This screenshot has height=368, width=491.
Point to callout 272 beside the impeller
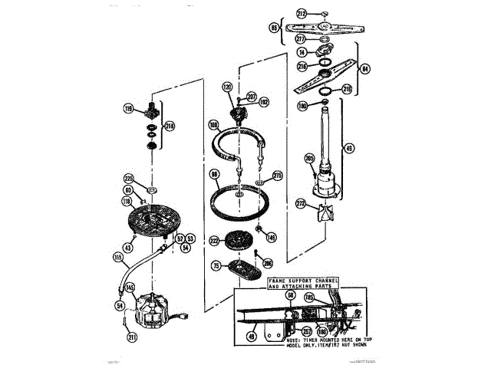click(300, 205)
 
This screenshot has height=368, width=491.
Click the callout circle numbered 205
click(309, 159)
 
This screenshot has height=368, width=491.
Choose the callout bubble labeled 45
click(350, 148)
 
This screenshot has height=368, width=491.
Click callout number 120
click(227, 88)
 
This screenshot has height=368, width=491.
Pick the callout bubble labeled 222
click(214, 241)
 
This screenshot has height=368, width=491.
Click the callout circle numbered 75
click(216, 266)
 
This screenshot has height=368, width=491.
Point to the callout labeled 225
click(129, 179)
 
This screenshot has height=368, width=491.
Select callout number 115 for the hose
click(118, 258)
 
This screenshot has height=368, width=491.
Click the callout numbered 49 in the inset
click(250, 334)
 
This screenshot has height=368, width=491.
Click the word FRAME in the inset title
click(279, 281)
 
